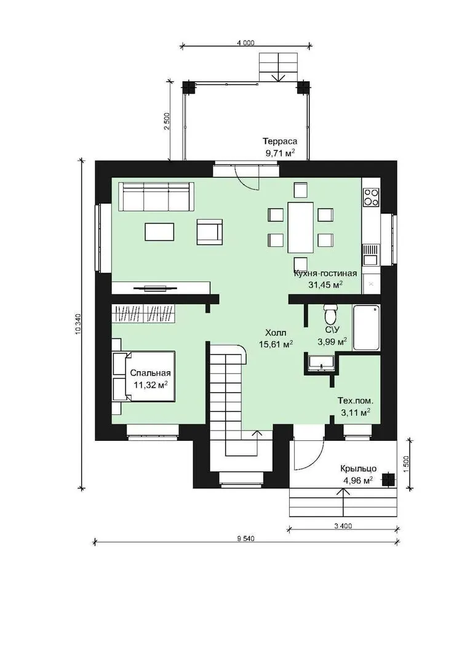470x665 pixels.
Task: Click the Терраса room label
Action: coord(280,141)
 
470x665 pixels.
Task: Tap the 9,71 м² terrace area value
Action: coord(280,153)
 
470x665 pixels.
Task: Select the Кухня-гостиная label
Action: coord(325,273)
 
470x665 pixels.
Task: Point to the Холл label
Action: coord(276,332)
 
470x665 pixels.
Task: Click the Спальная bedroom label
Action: coord(151,373)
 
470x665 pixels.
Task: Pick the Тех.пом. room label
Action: coord(356,400)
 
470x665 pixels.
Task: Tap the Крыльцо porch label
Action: coord(359,469)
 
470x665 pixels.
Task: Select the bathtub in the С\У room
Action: coord(367,328)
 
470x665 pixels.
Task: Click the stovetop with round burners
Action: coord(372,197)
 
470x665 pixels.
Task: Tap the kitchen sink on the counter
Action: coord(371,256)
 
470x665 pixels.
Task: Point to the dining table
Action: coord(300,227)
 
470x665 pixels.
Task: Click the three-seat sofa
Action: coord(156,196)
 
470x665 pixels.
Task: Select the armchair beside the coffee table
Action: coord(210,232)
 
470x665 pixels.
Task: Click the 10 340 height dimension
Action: coord(78,324)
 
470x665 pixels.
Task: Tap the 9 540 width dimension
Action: coord(245,539)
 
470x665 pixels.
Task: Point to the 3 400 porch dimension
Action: coord(343,526)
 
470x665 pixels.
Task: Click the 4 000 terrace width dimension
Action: coord(246,42)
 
